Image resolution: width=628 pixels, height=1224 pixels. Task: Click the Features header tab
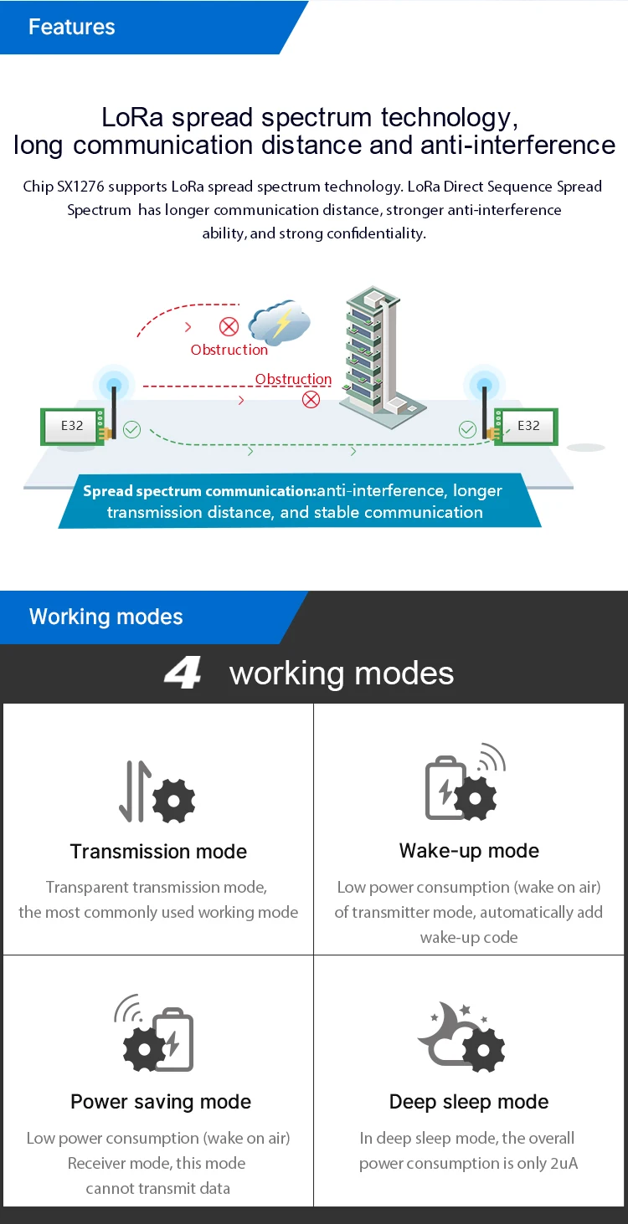(x=72, y=27)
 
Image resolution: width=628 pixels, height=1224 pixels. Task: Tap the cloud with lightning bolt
(x=280, y=323)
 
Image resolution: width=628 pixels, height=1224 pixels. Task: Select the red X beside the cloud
(x=229, y=326)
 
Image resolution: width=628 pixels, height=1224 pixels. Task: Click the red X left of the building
(x=311, y=399)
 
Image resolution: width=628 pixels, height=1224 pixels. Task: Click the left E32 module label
(x=72, y=426)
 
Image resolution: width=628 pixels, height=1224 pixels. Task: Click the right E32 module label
(x=528, y=426)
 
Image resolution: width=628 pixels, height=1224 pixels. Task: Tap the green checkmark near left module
(x=131, y=429)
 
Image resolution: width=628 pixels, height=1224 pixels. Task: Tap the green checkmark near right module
(x=467, y=429)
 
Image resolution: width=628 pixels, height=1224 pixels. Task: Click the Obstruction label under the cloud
(x=229, y=350)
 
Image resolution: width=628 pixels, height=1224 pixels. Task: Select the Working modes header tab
(x=106, y=617)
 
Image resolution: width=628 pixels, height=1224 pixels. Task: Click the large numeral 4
(x=183, y=673)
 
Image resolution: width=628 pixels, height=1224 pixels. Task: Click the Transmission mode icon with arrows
(x=157, y=791)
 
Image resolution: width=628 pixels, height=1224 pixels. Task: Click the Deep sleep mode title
(x=469, y=1102)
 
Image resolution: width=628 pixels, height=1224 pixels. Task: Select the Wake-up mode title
(x=469, y=851)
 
